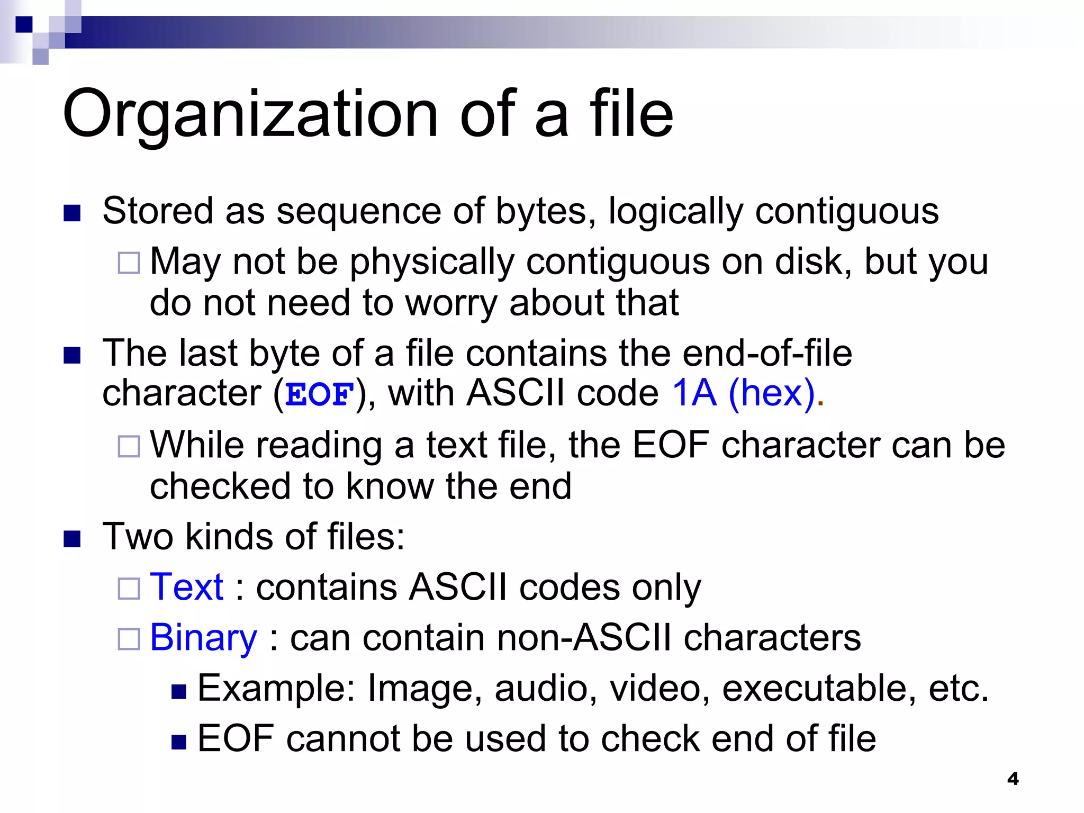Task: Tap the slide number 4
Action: tap(1013, 779)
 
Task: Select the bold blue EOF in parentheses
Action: tap(319, 394)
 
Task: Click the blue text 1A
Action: tap(693, 393)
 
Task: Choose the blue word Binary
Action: tap(203, 637)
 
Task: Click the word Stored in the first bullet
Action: tap(158, 211)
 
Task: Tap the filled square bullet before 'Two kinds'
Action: tap(72, 539)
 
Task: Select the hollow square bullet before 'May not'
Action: tap(129, 263)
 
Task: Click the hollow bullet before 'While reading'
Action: tap(129, 446)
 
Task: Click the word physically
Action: tap(432, 263)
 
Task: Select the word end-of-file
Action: tap(767, 353)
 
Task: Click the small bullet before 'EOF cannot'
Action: tap(179, 742)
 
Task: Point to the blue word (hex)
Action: tap(772, 393)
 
